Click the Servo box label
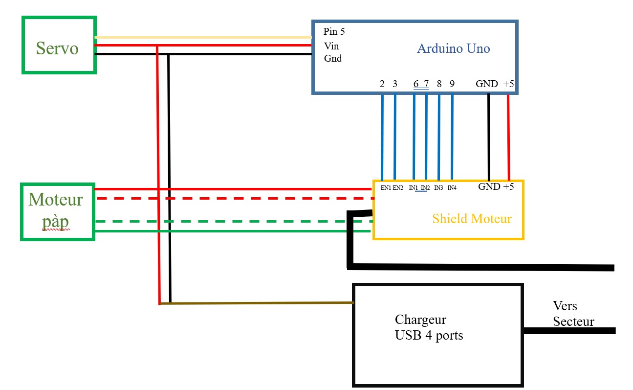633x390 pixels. tap(57, 48)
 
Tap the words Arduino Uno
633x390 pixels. tap(453, 48)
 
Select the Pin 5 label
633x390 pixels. tap(334, 32)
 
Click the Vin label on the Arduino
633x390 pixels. tap(331, 46)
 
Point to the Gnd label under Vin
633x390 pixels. tap(333, 58)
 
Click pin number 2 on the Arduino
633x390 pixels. tap(382, 84)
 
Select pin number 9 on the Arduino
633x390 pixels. tap(452, 84)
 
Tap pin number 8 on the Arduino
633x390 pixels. tap(439, 84)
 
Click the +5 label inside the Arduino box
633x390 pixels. tap(508, 84)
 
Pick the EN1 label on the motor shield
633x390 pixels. tap(386, 188)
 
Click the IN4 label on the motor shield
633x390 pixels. tap(452, 188)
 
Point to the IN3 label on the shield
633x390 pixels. tap(438, 188)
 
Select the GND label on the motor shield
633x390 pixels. tap(489, 186)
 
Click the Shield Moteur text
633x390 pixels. tap(472, 219)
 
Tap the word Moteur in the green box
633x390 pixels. tap(56, 200)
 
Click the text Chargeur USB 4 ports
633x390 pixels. tap(428, 328)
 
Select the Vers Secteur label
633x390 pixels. tap(573, 314)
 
